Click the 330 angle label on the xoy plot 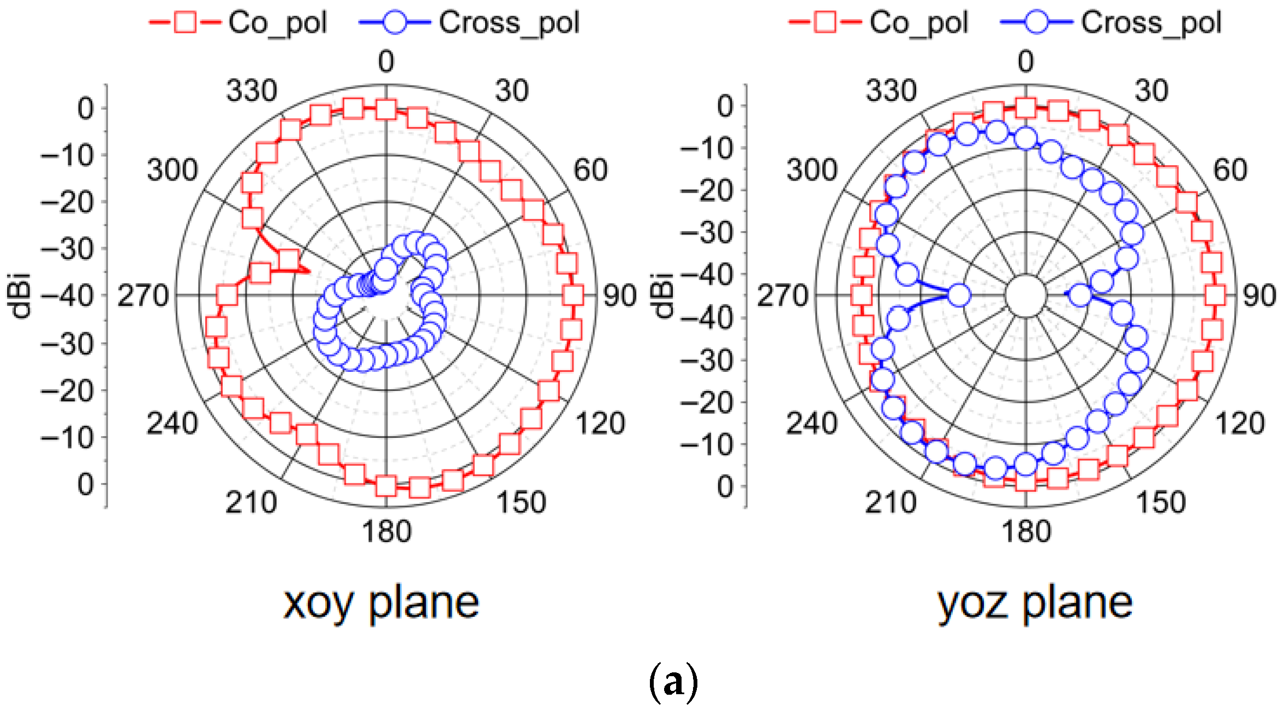(x=252, y=91)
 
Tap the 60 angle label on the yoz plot (x=1230, y=170)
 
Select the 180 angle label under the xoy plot (x=386, y=531)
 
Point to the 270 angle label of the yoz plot (x=782, y=296)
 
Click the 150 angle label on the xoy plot (x=521, y=502)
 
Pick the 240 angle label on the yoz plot (x=811, y=424)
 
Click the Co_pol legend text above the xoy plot (x=277, y=23)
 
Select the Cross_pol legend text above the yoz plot (x=1151, y=23)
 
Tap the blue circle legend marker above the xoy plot (x=394, y=22)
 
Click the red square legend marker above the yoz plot (x=825, y=22)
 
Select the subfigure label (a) (x=673, y=682)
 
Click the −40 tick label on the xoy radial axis (x=67, y=296)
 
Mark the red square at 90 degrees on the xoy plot (x=573, y=296)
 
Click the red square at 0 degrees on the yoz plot (x=1026, y=108)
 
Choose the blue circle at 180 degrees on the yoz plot (x=1026, y=465)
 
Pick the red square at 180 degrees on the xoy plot (x=386, y=486)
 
